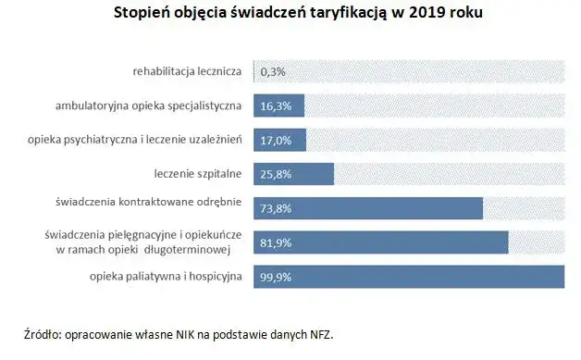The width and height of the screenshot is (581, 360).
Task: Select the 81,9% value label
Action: (x=276, y=242)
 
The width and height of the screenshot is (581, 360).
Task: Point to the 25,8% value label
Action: (x=276, y=174)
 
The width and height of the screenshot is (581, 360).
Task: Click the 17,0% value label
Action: (x=276, y=140)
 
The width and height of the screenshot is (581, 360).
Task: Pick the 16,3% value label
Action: (x=276, y=106)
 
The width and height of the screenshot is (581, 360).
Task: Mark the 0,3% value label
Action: (x=273, y=71)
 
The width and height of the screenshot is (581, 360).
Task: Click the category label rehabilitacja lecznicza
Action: (x=187, y=71)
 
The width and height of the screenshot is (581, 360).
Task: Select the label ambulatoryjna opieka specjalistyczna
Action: (x=149, y=106)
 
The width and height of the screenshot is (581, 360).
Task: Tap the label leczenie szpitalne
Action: (x=198, y=174)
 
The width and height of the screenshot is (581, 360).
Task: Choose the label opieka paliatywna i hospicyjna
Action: (x=166, y=277)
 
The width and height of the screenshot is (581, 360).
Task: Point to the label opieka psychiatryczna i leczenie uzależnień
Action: (x=134, y=140)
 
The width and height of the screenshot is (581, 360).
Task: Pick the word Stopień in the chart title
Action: (x=142, y=14)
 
